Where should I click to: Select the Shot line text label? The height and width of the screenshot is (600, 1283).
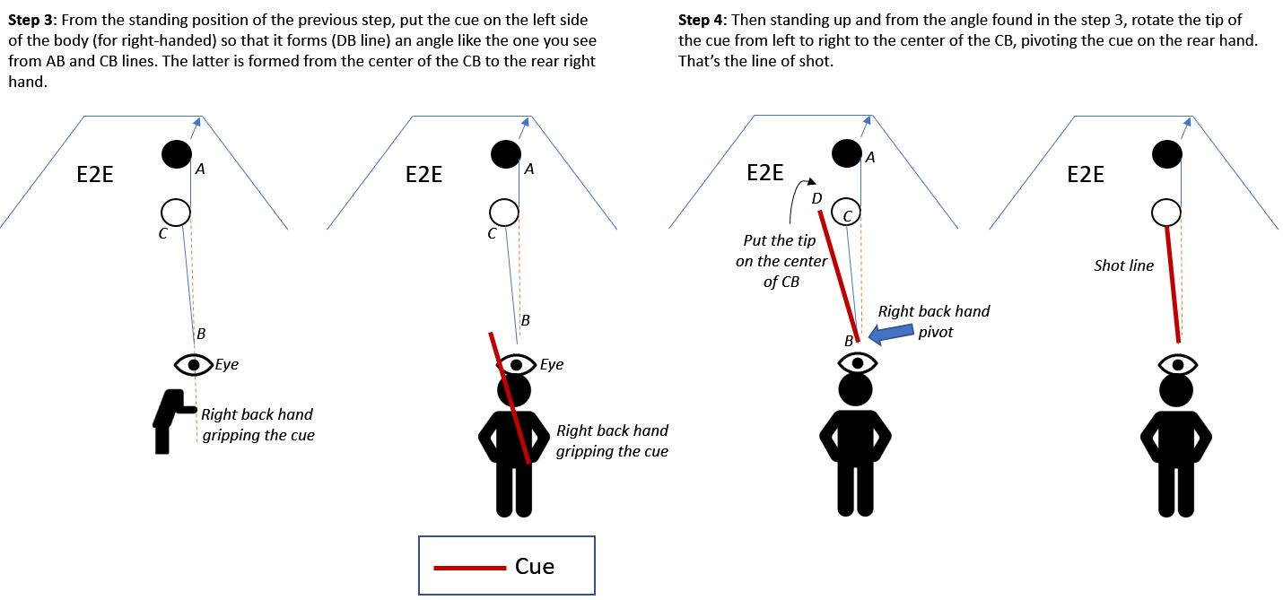1123,265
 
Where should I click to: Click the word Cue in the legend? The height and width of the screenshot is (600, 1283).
535,566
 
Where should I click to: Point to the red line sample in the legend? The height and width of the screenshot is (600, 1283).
470,567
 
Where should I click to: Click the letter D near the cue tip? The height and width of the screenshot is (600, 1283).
816,198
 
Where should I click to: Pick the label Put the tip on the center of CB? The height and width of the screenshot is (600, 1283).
781,262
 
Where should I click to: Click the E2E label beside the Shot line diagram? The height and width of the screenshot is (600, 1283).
1086,174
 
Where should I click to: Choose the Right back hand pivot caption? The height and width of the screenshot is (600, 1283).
933,320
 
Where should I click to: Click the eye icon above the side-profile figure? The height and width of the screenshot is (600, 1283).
194,364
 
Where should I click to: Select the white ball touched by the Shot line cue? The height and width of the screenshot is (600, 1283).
1165,213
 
